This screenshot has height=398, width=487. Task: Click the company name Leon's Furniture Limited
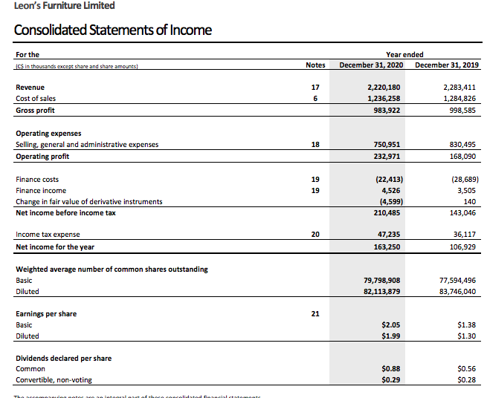65,6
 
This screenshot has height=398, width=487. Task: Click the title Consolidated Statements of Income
113,30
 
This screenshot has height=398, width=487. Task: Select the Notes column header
315,65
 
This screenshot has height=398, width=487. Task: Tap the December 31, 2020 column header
372,65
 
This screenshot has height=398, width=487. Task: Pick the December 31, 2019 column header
447,65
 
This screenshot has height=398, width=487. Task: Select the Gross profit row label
36,111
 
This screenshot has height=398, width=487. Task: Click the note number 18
315,145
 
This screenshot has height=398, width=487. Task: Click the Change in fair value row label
88,202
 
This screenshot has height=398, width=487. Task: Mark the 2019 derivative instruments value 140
471,202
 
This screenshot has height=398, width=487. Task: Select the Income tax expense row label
48,235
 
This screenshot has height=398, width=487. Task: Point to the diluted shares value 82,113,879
382,292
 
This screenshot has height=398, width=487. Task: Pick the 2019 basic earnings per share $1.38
468,325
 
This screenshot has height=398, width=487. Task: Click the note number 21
315,314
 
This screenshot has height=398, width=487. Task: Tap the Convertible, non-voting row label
54,380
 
